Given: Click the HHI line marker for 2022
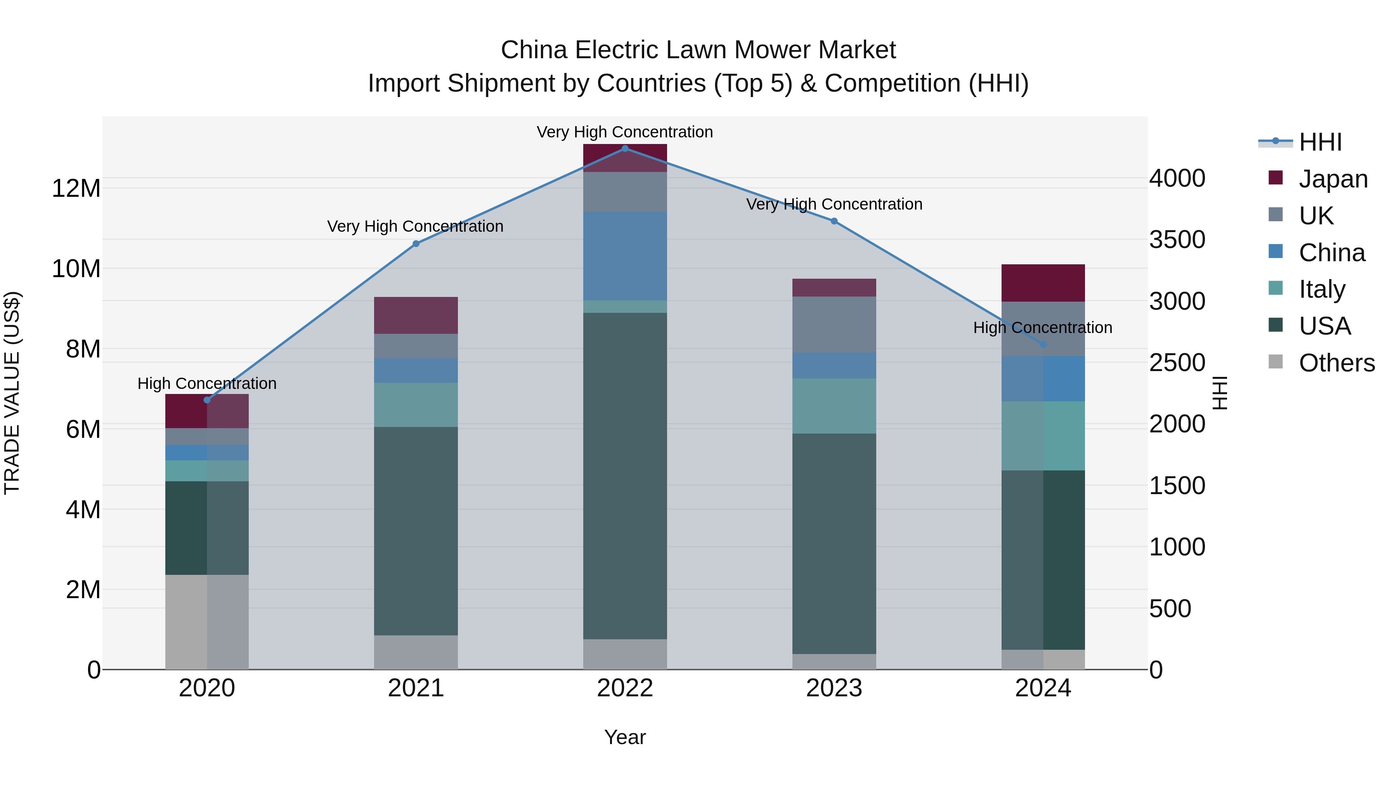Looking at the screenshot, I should [625, 148].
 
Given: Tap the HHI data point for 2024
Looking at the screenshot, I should [1042, 344].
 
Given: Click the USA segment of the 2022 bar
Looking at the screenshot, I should [625, 476].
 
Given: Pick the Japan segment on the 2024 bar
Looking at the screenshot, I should [1042, 283].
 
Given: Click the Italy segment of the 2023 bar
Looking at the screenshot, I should [834, 406].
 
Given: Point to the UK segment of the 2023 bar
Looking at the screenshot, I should [834, 324].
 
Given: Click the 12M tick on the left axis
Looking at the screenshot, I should [76, 189].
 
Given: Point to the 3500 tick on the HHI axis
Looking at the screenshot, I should [1177, 240].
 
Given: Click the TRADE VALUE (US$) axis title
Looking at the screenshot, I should [12, 393].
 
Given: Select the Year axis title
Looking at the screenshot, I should [625, 737].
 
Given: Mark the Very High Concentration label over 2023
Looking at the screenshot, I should [834, 205].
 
